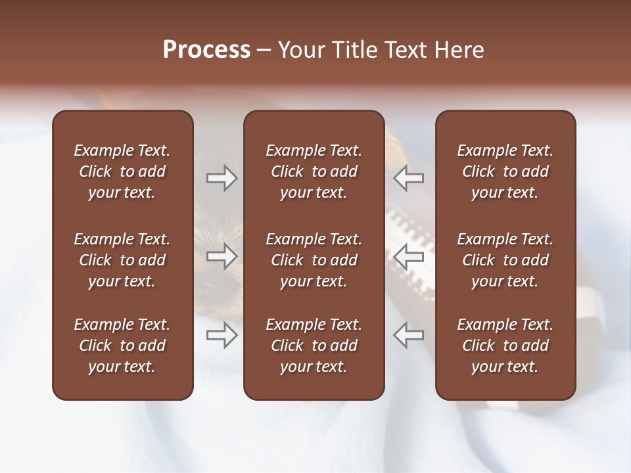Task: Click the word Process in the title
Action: [x=206, y=50]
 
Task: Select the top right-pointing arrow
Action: [x=222, y=178]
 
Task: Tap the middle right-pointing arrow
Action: [x=222, y=256]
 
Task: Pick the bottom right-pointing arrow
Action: [x=222, y=335]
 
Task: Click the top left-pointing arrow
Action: [x=408, y=178]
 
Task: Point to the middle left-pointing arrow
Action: [x=408, y=256]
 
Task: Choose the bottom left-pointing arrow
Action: [x=408, y=335]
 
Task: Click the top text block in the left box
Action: [x=122, y=171]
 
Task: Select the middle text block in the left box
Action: [x=122, y=260]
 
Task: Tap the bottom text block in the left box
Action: [x=122, y=346]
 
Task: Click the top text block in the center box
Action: [x=314, y=171]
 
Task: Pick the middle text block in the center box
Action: [x=314, y=260]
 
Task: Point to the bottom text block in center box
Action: [x=314, y=346]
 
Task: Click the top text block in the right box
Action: [x=505, y=171]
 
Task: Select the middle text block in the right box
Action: [x=505, y=260]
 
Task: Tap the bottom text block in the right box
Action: [x=505, y=346]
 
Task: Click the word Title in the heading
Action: [x=356, y=50]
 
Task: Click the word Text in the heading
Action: [x=405, y=50]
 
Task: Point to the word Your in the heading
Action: [x=303, y=50]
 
